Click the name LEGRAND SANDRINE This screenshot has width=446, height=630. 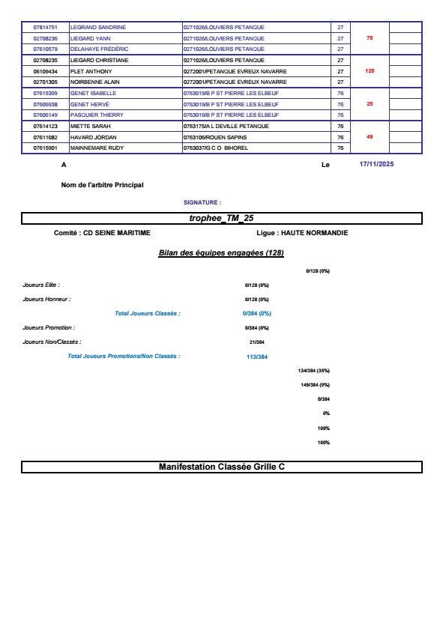click(97, 27)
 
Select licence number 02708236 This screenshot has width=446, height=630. click(45, 38)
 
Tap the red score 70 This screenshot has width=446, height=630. click(369, 37)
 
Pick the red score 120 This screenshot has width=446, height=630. click(369, 70)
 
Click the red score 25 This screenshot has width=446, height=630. click(369, 104)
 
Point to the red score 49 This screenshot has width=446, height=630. click(369, 137)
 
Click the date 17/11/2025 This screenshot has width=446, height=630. click(376, 164)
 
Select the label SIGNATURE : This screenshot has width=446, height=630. click(202, 202)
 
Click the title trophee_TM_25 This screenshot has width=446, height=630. click(221, 218)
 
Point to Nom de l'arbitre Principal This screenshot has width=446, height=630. click(102, 184)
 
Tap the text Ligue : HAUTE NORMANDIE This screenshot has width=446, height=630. click(301, 233)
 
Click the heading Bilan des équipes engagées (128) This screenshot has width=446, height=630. click(221, 253)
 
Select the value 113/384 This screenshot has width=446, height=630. click(256, 357)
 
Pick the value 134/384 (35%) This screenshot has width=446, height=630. click(313, 371)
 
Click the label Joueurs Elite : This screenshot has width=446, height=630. click(41, 285)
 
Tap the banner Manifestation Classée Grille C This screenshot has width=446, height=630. click(221, 467)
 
